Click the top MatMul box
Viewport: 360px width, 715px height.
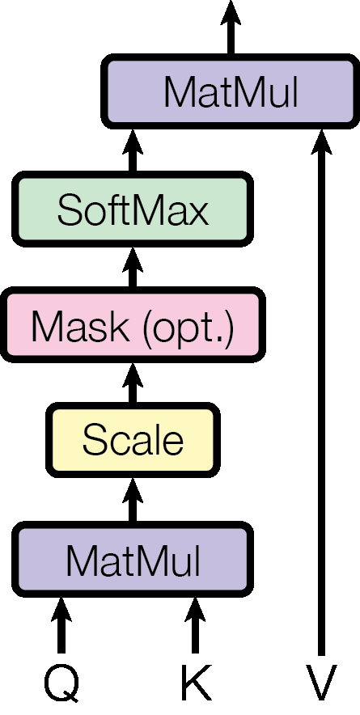[x=231, y=93]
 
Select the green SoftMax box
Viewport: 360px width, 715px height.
[x=133, y=209]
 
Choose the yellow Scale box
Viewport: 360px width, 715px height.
[x=133, y=441]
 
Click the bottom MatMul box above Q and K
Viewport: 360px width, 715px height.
[x=133, y=558]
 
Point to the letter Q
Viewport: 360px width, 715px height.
[x=61, y=684]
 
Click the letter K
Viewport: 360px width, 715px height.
[x=195, y=684]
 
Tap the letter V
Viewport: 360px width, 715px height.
[x=321, y=684]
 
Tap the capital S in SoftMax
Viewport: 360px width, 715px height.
[x=70, y=210]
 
